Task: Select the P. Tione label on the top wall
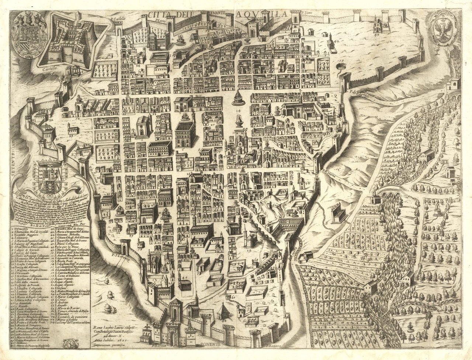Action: [x=308, y=12]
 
